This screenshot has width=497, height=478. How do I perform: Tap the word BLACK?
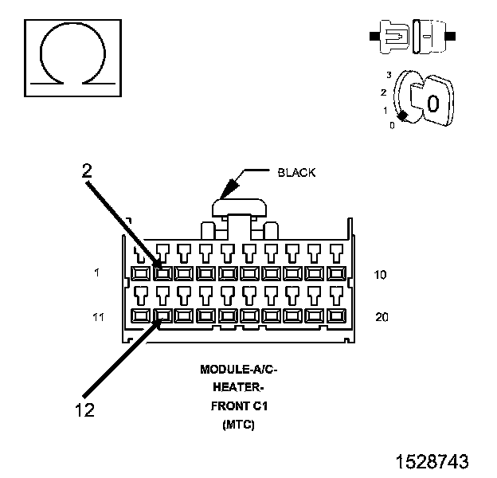[x=296, y=173]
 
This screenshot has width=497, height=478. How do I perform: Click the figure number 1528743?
[x=432, y=461]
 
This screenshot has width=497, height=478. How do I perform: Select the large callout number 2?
[x=87, y=170]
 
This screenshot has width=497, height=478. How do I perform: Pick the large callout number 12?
[x=84, y=409]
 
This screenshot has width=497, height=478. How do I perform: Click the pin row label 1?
[x=96, y=272]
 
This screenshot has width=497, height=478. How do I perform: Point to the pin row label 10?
[x=380, y=275]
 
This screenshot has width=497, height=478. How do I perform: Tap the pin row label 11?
[x=98, y=316]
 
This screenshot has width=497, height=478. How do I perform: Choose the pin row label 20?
[x=382, y=317]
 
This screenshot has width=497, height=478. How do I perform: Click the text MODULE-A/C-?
[x=239, y=370]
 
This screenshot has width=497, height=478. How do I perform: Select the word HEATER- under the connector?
[x=238, y=387]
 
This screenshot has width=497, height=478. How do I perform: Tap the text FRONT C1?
[x=239, y=406]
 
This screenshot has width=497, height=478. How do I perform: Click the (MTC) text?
[x=238, y=424]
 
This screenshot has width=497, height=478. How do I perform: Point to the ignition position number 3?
[x=389, y=75]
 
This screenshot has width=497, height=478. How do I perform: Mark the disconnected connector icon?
[x=413, y=36]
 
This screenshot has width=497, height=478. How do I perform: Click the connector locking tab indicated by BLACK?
[x=239, y=207]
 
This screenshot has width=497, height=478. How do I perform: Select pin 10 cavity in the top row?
[x=336, y=273]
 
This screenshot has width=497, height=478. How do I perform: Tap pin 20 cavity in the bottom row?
[x=336, y=315]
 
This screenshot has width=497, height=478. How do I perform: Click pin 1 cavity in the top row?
[x=141, y=273]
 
